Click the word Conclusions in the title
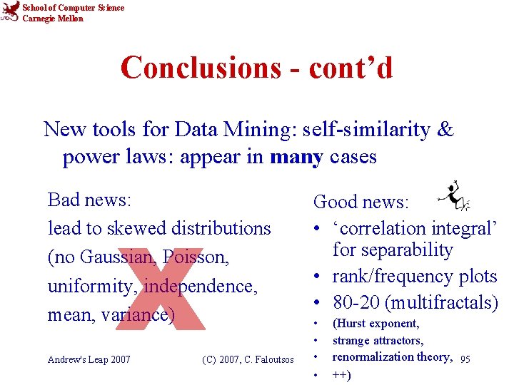point(201,68)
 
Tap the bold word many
point(296,156)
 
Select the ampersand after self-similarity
point(445,130)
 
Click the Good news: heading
point(361,202)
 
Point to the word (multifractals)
point(441,303)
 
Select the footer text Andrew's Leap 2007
point(89,359)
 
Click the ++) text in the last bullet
point(342,374)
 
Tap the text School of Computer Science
point(73,8)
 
